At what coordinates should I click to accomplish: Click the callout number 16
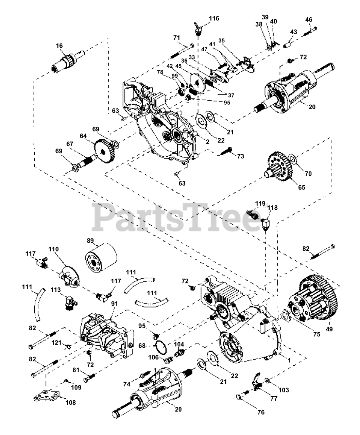60,46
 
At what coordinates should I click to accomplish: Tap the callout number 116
214,18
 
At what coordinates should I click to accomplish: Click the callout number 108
71,403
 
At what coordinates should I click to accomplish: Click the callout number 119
260,204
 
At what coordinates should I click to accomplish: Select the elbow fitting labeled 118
266,223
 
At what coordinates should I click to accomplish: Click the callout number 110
53,249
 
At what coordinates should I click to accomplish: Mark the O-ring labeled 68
160,347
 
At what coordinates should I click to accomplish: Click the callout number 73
240,156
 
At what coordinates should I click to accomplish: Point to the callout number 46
308,20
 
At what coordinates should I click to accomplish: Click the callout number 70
308,174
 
